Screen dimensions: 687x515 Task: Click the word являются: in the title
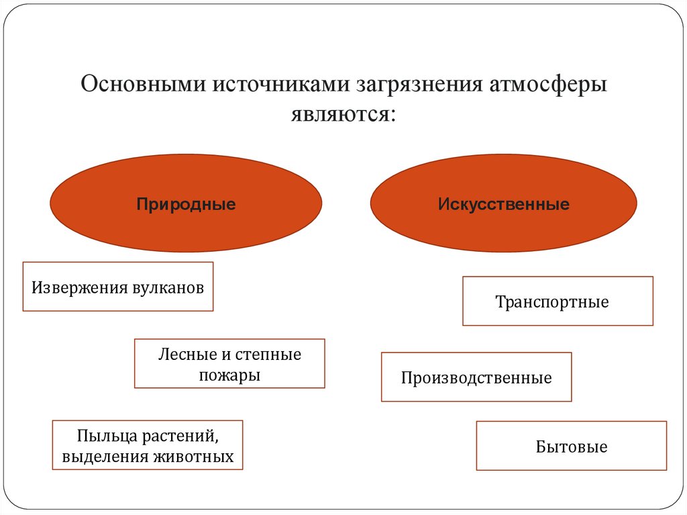pos(343,113)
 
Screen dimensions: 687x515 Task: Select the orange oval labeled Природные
pos(186,203)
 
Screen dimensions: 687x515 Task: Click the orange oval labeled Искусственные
pos(503,203)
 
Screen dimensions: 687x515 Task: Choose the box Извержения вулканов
pos(118,287)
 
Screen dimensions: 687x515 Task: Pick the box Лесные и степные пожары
pos(229,364)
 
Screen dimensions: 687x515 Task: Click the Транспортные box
pos(558,301)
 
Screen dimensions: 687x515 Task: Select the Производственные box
pos(476,377)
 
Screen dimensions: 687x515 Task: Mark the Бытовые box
pos(572,447)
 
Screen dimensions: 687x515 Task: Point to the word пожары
pos(229,375)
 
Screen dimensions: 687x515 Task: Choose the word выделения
pos(106,458)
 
